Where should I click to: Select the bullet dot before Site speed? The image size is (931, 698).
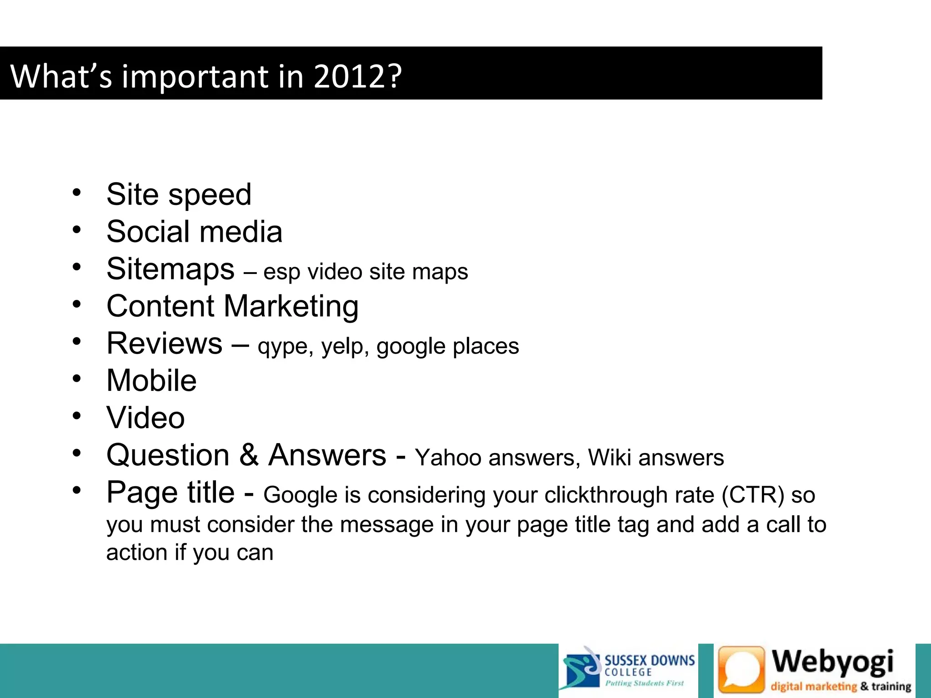coord(76,192)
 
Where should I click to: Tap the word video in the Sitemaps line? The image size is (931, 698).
coord(335,272)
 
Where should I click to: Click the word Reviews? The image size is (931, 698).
coord(165,343)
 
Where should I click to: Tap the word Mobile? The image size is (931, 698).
coord(151,380)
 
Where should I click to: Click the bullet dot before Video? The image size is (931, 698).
coord(76,415)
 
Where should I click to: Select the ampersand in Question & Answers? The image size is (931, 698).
coord(249,455)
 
